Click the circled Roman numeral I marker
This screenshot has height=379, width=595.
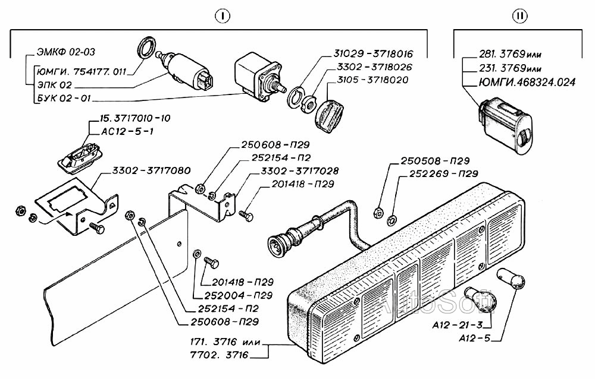223,15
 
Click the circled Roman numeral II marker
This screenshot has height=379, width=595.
519,15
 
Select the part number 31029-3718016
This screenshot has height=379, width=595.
373,54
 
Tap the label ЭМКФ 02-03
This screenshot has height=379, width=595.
65,52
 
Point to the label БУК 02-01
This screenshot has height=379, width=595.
64,98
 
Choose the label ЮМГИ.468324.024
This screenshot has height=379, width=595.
527,82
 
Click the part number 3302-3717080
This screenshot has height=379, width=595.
151,170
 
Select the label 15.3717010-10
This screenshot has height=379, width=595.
134,118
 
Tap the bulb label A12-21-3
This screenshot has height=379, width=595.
458,325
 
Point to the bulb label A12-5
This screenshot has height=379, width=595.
474,338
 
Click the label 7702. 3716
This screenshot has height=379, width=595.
220,355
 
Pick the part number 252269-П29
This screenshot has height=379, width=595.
444,173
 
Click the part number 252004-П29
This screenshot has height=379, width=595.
239,295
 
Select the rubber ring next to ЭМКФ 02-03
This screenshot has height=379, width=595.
146,48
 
